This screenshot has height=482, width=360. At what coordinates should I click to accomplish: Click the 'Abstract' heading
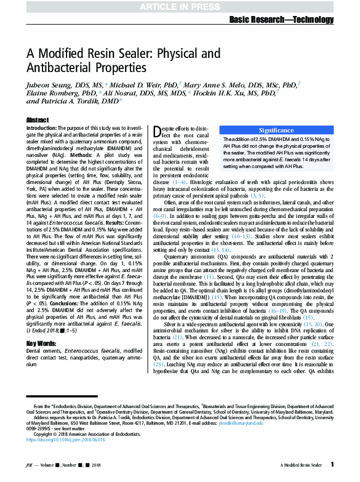point(38,120)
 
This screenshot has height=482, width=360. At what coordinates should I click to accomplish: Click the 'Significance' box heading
point(276,131)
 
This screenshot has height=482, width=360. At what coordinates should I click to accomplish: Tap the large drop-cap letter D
point(158,132)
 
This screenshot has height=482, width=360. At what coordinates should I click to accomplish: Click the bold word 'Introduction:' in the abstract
point(45,127)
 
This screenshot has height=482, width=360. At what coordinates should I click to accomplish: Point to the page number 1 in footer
point(332,464)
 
